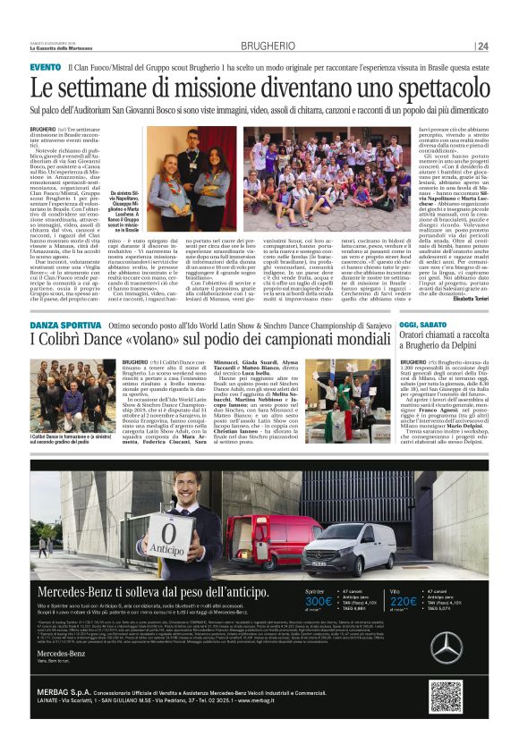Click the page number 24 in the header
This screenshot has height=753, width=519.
483,46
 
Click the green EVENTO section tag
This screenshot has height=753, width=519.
46,67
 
